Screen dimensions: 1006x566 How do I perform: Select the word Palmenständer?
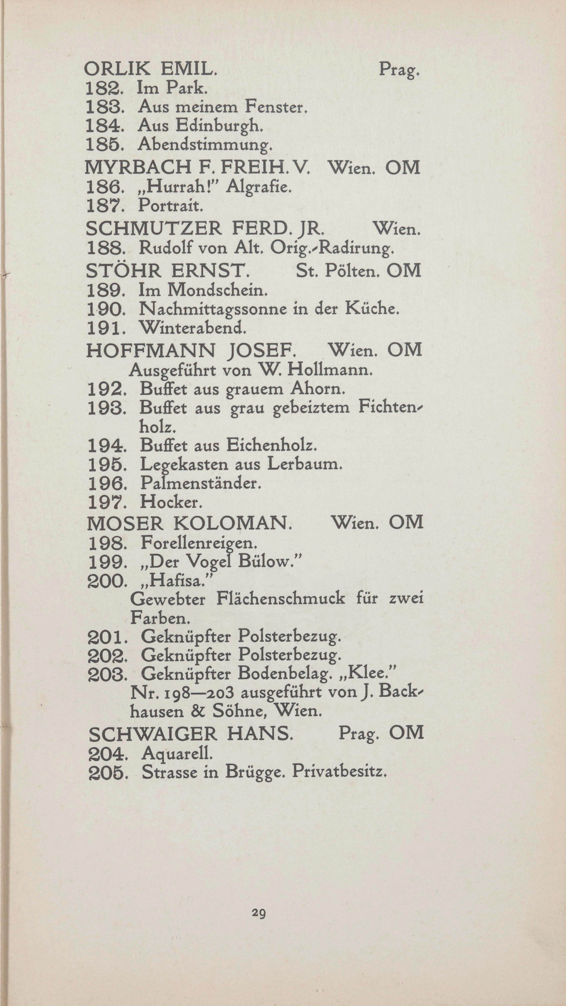pyautogui.click(x=200, y=483)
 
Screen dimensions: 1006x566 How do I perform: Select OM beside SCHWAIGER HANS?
pyautogui.click(x=406, y=733)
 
